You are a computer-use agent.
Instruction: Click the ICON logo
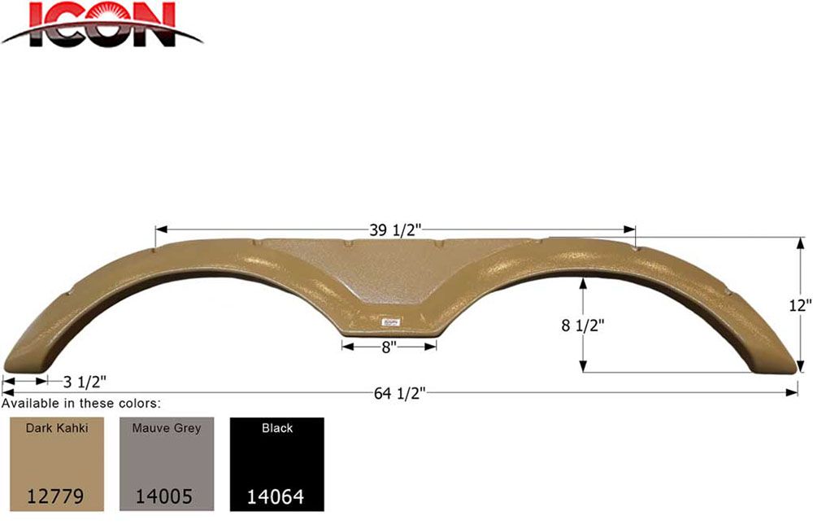tap(101, 24)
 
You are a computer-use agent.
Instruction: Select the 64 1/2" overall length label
tap(399, 395)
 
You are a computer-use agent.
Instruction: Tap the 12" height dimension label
tap(800, 305)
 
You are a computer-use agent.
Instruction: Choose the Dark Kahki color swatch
tap(55, 464)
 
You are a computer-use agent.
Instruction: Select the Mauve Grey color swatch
tap(166, 464)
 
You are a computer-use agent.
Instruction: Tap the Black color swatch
tap(276, 464)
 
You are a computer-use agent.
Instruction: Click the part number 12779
tap(55, 496)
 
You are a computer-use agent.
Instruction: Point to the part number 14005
tap(166, 496)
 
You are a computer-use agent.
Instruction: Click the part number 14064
tap(276, 496)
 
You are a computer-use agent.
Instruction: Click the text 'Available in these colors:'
tap(81, 403)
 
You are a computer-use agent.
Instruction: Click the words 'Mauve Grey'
tap(166, 427)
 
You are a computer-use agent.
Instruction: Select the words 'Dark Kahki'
tap(55, 427)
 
